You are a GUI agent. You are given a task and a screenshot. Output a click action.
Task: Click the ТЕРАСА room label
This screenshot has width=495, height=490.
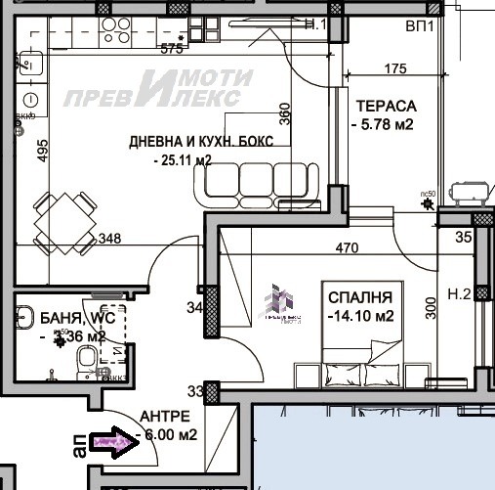(387, 106)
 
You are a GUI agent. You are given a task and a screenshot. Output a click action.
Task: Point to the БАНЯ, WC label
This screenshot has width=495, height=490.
(77, 318)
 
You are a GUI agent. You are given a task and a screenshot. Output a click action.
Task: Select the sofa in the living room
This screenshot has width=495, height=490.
(259, 181)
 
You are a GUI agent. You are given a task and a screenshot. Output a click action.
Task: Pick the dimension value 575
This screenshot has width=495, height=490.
(172, 49)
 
